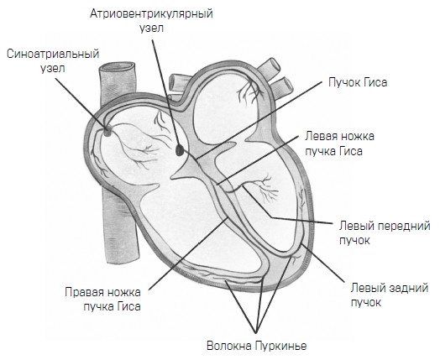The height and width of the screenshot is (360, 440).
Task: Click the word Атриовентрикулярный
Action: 151,14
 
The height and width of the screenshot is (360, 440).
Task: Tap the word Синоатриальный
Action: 53,54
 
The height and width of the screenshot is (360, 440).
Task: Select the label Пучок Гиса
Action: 358,82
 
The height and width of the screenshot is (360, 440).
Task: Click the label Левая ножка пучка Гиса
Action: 340,143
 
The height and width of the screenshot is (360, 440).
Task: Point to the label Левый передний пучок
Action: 385,233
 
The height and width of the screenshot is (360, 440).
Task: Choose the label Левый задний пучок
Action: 390,295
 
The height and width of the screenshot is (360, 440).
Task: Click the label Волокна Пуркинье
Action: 257,346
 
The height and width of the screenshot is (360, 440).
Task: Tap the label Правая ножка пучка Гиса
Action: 102,300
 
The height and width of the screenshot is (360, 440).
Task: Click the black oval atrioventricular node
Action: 179,149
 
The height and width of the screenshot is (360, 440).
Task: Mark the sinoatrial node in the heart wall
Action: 107,131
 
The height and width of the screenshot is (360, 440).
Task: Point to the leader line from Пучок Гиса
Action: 259,120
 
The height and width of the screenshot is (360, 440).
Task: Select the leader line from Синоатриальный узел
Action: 81,103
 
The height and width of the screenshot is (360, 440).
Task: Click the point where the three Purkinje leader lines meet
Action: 256,333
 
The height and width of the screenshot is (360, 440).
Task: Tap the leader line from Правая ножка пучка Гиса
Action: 188,253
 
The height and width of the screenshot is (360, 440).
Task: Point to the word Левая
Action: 321,137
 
